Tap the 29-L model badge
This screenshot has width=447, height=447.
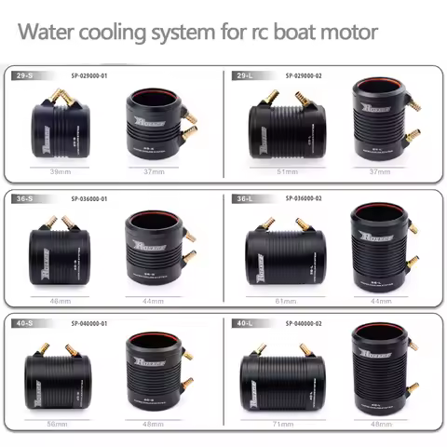(243, 72)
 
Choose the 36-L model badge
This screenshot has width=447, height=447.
(243, 197)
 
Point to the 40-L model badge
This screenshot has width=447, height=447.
(243, 321)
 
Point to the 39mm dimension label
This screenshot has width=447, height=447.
(61, 172)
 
